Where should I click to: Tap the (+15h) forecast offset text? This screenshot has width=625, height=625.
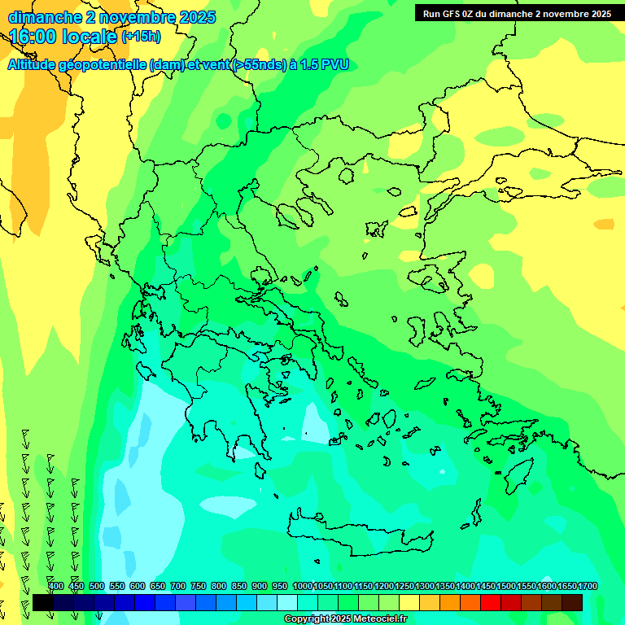pos(141,36)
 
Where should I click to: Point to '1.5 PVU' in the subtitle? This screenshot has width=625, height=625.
pos(325,64)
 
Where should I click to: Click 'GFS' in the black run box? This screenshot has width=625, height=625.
pos(448,14)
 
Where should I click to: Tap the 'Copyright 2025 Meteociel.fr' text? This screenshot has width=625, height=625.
pos(345,618)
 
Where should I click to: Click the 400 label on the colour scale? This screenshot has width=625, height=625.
pos(55,586)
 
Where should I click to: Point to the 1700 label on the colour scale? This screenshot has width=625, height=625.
pos(588,586)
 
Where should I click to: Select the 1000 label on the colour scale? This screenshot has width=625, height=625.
pos(303,586)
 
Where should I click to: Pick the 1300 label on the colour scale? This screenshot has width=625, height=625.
pos(425,586)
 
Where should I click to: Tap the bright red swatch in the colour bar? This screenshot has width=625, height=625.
pos(491,602)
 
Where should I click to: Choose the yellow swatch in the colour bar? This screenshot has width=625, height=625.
pos(409,602)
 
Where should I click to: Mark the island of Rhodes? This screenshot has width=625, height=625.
pos(517,477)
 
